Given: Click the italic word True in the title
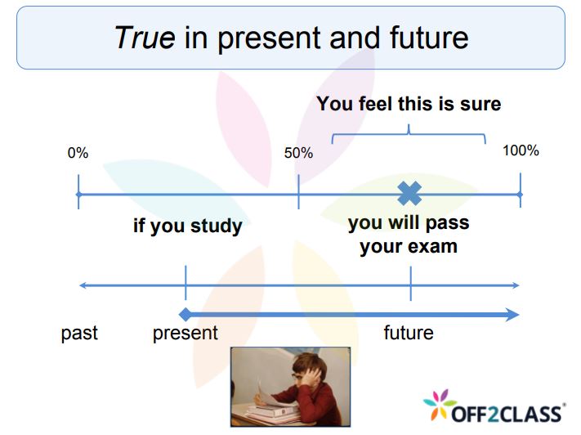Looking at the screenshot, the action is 145,38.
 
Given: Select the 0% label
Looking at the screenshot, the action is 78,153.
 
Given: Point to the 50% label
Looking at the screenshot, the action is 298,153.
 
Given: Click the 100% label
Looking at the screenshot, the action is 521,150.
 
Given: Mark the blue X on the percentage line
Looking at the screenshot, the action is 409,193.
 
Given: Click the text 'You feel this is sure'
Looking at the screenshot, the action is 409,104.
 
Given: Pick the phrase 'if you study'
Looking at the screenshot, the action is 187,226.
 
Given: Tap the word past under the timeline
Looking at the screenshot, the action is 79,333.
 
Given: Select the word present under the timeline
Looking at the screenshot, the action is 185,333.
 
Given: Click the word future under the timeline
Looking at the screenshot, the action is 409,332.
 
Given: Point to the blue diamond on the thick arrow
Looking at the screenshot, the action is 185,315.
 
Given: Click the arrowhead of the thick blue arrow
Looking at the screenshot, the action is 513,315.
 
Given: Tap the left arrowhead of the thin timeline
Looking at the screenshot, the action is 83,285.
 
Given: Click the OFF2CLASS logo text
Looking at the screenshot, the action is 507,414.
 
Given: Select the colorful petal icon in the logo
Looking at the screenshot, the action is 440,405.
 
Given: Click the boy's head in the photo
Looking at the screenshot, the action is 308,369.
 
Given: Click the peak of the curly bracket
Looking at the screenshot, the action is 409,126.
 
